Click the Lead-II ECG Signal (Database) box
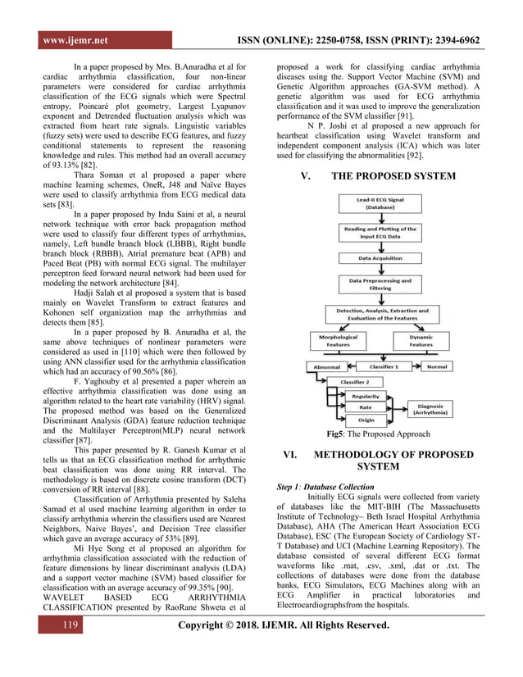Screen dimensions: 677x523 (x=380, y=203)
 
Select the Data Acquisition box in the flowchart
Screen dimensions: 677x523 (x=380, y=257)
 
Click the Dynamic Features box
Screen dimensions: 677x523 (x=421, y=341)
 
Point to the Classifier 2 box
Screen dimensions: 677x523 (x=354, y=382)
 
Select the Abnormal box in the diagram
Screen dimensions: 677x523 (x=327, y=366)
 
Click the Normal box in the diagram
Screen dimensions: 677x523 (x=436, y=366)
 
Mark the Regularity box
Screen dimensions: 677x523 (x=366, y=396)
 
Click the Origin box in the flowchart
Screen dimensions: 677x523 (x=366, y=420)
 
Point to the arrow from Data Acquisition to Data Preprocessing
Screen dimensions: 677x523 (x=380, y=270)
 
